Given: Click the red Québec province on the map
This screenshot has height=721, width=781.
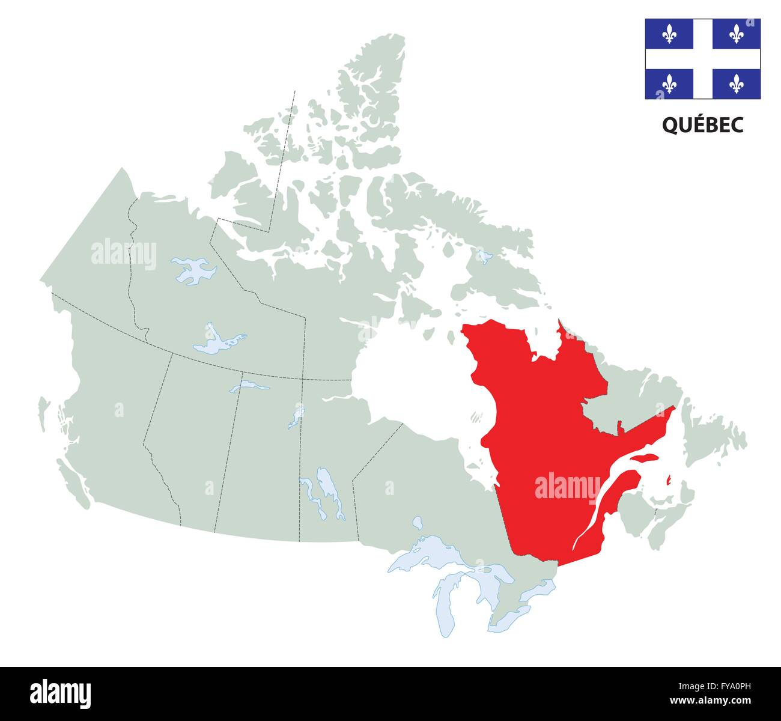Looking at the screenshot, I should click(541, 433).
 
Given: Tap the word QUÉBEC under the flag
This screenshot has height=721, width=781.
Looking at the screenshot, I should click(702, 125).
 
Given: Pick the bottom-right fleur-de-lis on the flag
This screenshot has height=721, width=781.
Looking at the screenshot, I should click(737, 84).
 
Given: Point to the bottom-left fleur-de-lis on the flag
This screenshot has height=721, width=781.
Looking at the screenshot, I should click(669, 84).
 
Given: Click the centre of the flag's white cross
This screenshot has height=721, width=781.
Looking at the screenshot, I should click(703, 59).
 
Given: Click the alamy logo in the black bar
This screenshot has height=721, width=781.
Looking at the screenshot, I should click(61, 693).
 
